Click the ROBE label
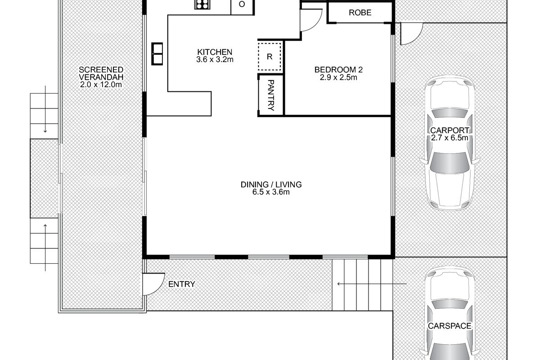pos(360,13)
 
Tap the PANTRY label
pos(271,95)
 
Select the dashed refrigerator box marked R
pos(270,57)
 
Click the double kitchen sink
pos(157,54)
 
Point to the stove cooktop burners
pos(202,4)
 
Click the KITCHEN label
pos(215,52)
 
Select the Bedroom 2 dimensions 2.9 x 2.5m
pos(338,77)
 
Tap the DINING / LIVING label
pos(271,184)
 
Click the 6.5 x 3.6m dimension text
pos(271,192)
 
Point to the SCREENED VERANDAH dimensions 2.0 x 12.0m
pos(101,85)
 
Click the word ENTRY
pos(181,284)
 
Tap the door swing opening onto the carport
pos(417,39)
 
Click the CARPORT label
pos(450,130)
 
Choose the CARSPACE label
pos(450,326)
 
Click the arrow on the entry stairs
pos(372,284)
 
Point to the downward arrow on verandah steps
pos(45,109)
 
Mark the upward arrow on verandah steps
pos(45,247)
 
